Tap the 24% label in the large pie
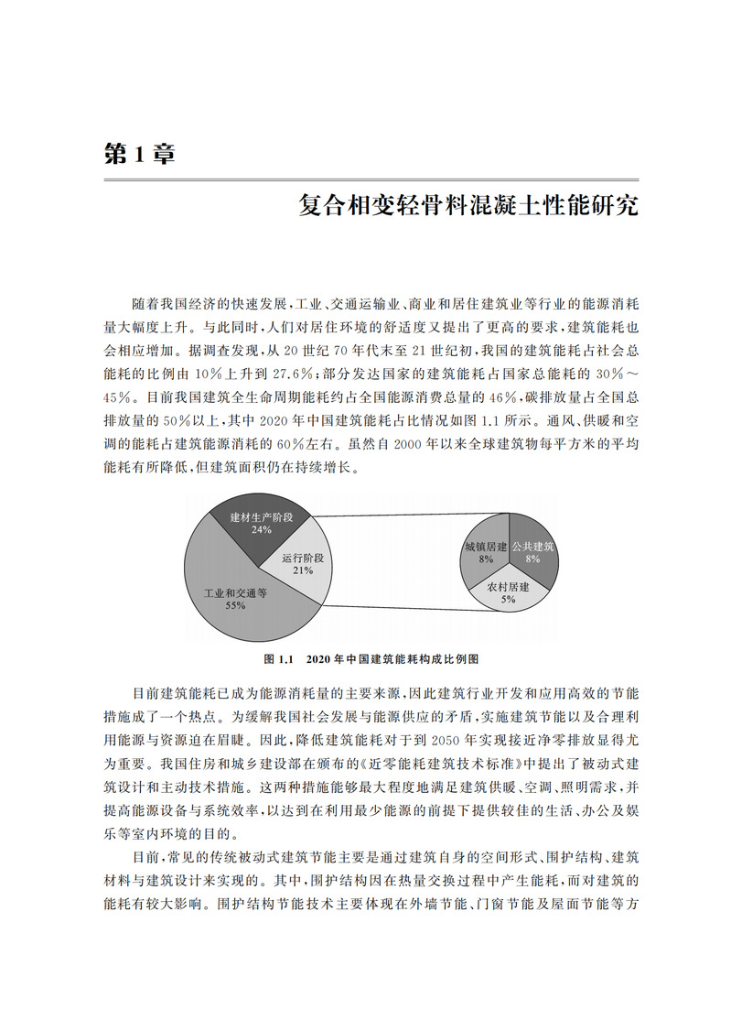(x=261, y=529)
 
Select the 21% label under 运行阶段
(x=303, y=570)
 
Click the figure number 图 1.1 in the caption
(x=276, y=658)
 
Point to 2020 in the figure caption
(x=318, y=658)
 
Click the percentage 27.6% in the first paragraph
(x=270, y=374)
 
